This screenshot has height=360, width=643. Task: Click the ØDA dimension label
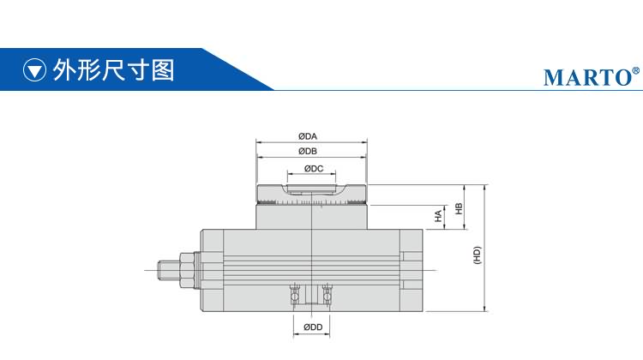(308, 136)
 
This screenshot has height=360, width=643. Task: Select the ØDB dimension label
(308, 152)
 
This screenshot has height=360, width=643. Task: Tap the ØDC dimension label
(314, 169)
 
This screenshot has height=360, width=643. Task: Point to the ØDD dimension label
(313, 327)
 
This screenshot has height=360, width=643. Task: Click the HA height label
(439, 216)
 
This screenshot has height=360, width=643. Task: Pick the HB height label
(459, 208)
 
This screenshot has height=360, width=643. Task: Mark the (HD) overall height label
(477, 255)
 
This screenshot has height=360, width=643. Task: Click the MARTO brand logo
(587, 77)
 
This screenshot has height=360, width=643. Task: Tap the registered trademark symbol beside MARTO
(636, 70)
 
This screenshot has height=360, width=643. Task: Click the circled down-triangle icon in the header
(34, 69)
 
